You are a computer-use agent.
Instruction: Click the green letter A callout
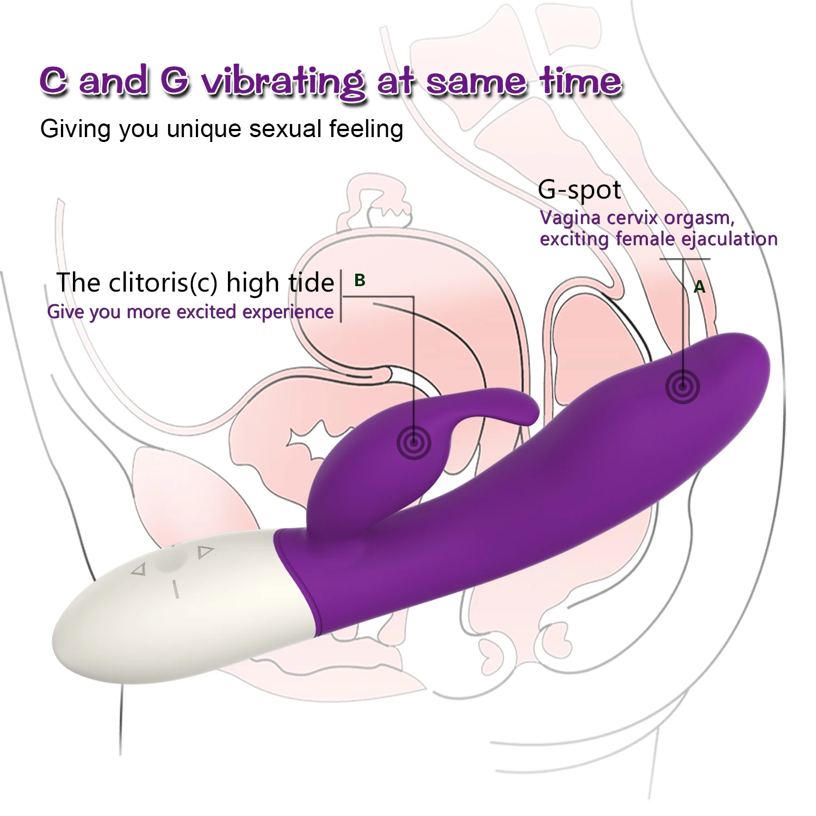tap(700, 287)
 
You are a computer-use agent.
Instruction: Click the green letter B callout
tap(360, 280)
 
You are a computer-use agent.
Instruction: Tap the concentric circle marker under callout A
tap(682, 387)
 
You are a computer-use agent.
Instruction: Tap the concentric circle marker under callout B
tap(414, 444)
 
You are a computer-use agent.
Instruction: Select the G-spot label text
tap(579, 190)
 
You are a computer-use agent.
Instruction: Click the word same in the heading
tap(475, 82)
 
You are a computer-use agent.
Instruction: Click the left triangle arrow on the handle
tap(140, 570)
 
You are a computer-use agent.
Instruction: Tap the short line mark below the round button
tap(175, 589)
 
